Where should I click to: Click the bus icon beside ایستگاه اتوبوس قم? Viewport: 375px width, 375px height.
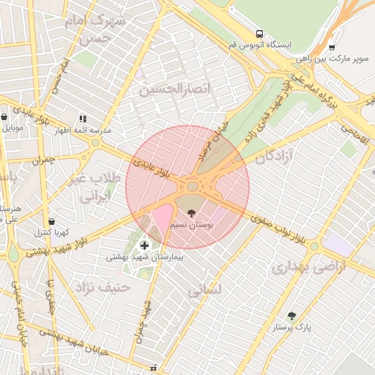tap(259, 34)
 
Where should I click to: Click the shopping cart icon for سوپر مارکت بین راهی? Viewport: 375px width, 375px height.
tap(332, 47)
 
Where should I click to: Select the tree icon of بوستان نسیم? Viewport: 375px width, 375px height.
tap(192, 213)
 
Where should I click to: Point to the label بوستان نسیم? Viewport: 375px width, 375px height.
tap(191, 226)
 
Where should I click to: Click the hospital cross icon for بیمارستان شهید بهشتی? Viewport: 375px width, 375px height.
tap(144, 245)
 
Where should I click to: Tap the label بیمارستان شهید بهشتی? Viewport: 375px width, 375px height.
tap(145, 257)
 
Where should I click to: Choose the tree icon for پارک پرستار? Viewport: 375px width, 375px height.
tap(292, 316)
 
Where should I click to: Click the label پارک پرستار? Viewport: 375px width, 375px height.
tap(292, 328)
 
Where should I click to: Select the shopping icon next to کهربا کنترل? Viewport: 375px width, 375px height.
tap(51, 220)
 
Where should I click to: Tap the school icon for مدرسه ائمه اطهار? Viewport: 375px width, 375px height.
tap(83, 119)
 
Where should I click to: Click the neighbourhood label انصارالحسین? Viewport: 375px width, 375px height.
tap(168, 90)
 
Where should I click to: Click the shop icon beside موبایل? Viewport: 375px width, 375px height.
tap(4, 116)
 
